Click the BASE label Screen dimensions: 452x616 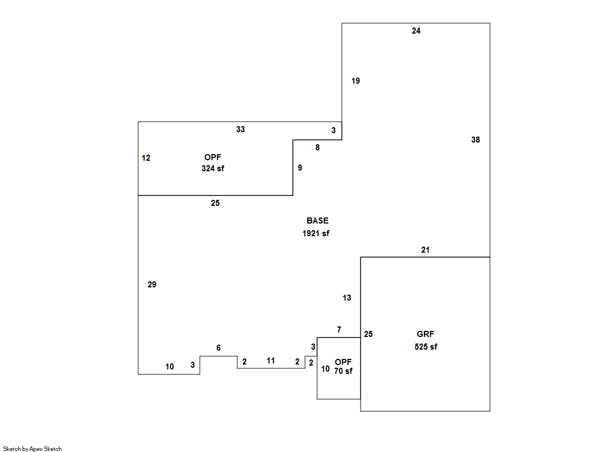click(x=318, y=221)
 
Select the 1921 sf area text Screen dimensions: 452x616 click(x=315, y=233)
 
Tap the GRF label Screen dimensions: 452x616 click(x=426, y=334)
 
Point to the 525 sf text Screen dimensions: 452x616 click(x=426, y=347)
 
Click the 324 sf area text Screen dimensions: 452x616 click(x=212, y=168)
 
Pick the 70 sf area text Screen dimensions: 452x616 click(x=343, y=371)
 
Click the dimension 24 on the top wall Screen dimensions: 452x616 click(x=416, y=31)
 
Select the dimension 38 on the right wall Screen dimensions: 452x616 click(x=476, y=140)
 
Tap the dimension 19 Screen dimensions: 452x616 click(x=356, y=81)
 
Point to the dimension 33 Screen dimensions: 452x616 click(x=241, y=129)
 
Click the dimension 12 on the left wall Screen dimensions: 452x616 click(x=146, y=158)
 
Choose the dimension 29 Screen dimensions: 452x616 click(x=152, y=285)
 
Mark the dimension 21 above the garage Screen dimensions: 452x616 click(x=425, y=250)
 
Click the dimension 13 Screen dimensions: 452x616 click(x=347, y=298)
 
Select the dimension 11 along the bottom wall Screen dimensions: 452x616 click(x=271, y=361)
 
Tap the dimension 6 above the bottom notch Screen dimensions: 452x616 click(x=219, y=348)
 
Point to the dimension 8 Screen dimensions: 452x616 click(x=317, y=148)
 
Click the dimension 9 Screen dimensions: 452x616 click(x=300, y=168)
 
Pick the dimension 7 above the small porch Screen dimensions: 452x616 click(x=339, y=330)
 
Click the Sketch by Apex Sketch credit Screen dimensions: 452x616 click(x=32, y=449)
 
